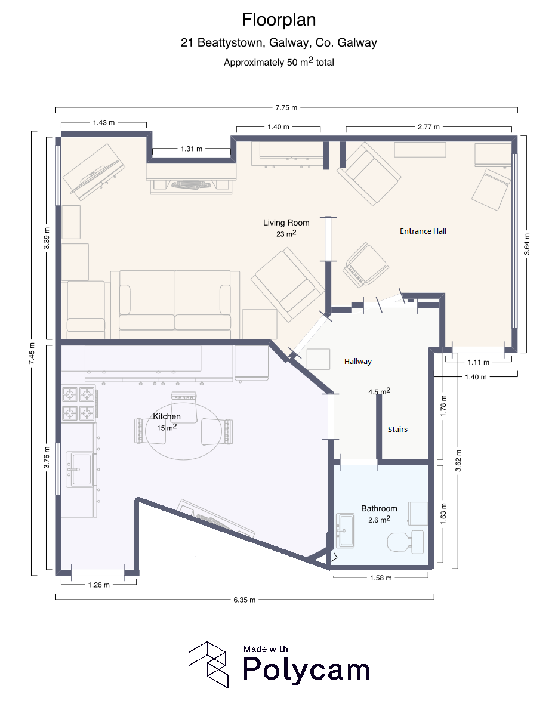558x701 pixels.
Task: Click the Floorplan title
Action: click(279, 20)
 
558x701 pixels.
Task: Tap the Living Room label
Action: click(286, 223)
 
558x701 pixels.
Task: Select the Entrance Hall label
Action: click(423, 231)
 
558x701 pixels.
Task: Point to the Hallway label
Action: click(358, 361)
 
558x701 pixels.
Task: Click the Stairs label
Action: click(397, 429)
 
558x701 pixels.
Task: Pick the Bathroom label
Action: click(379, 508)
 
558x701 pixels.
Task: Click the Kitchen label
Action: click(167, 416)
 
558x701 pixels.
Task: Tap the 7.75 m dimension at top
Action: click(286, 108)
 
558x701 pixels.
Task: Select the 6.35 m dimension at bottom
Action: click(245, 600)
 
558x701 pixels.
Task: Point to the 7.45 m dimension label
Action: click(32, 353)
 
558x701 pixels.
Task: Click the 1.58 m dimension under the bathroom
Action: click(381, 578)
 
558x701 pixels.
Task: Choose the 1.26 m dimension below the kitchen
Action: click(99, 585)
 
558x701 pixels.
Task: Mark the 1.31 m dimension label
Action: click(192, 149)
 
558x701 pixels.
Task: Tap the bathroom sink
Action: click(345, 530)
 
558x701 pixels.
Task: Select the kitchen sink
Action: click(79, 470)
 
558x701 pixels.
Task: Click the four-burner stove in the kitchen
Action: click(79, 404)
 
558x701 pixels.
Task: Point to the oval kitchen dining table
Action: click(183, 431)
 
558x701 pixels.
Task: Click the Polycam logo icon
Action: click(209, 665)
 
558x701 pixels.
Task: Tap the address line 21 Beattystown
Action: click(279, 43)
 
